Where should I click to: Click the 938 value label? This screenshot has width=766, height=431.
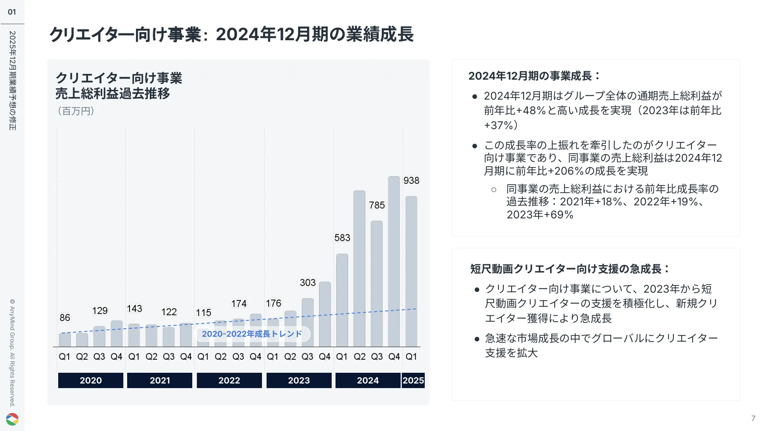[x=411, y=180]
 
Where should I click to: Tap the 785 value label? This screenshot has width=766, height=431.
[x=377, y=205]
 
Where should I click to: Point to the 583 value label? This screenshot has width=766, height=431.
[x=342, y=238]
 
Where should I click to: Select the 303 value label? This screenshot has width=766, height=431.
[x=308, y=283]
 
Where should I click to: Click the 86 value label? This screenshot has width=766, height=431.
[x=65, y=318]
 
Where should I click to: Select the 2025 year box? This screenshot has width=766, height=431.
[x=413, y=380]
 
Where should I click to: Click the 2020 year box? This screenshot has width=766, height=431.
[x=91, y=380]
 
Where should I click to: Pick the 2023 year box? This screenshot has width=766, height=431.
[x=299, y=380]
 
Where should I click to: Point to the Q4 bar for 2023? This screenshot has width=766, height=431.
[x=325, y=314]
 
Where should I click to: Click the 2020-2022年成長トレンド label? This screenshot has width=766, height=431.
[x=252, y=334]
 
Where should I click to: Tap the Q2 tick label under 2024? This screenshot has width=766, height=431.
[x=359, y=357]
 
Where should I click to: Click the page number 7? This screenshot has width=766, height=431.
[x=753, y=418]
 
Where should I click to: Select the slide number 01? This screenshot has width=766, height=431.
[x=12, y=12]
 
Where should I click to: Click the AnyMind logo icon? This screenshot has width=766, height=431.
[x=12, y=419]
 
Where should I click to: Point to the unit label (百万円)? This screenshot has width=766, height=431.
[x=76, y=111]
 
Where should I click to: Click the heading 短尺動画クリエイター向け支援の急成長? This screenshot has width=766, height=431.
[x=569, y=269]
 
